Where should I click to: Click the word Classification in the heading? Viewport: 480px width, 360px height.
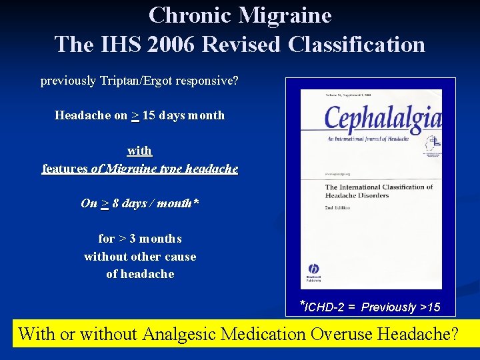point(357,44)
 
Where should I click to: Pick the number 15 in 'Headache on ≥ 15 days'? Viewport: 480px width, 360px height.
point(149,115)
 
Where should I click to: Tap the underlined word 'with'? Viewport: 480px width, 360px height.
point(139,151)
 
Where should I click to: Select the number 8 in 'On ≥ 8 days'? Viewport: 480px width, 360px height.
point(115,203)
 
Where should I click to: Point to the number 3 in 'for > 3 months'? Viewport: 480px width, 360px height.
point(133,239)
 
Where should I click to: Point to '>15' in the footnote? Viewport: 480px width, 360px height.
point(429,307)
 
